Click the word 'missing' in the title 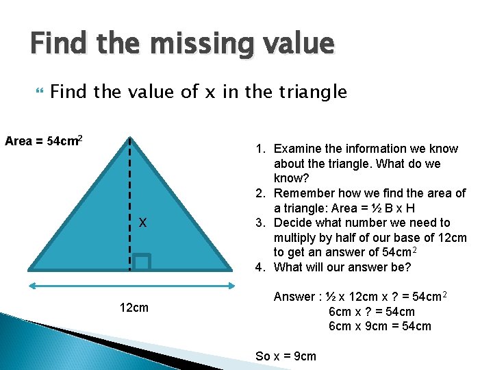pyautogui.click(x=198, y=45)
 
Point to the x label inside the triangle pyautogui.click(x=142, y=222)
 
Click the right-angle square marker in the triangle pyautogui.click(x=142, y=262)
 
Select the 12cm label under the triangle pyautogui.click(x=134, y=307)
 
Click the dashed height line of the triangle pyautogui.click(x=130, y=199)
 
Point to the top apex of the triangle pyautogui.click(x=130, y=137)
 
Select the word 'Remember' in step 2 pyautogui.click(x=304, y=193)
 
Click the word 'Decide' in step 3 pyautogui.click(x=293, y=223)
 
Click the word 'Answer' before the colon pyautogui.click(x=294, y=297)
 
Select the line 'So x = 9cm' pyautogui.click(x=286, y=356)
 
